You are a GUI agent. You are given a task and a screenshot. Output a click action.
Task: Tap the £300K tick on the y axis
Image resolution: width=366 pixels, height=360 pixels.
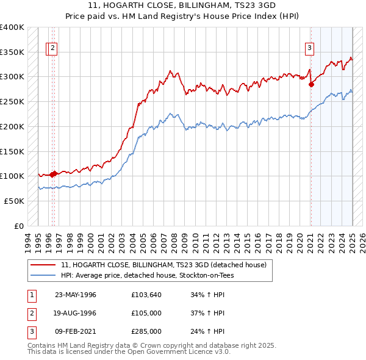click(12, 77)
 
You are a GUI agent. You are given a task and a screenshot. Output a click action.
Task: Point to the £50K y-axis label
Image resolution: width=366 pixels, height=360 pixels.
click(15, 201)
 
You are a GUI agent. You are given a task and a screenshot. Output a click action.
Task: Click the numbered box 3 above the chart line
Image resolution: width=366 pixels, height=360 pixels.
click(310, 48)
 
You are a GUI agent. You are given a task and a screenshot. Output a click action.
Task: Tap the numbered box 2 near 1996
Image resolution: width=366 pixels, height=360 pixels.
click(53, 48)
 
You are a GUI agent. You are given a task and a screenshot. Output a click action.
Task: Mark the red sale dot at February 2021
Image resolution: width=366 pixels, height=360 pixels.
click(311, 84)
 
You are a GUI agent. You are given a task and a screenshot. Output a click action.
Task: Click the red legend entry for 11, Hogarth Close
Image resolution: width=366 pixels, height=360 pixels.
click(163, 265)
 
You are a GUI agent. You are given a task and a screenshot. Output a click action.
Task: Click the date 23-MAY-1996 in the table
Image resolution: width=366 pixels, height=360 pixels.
click(76, 295)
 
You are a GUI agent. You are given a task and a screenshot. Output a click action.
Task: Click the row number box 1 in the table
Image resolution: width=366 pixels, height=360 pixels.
click(31, 295)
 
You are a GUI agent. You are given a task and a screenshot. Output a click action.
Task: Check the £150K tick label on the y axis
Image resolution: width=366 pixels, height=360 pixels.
click(12, 151)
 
